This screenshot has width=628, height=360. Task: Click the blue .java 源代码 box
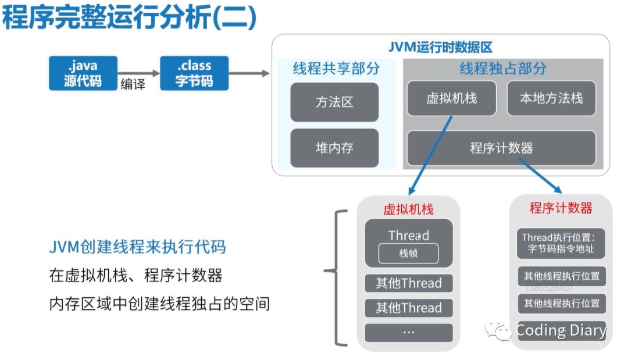pos(83,73)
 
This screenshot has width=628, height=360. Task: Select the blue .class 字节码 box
pos(194,73)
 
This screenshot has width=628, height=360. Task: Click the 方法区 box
pos(334,102)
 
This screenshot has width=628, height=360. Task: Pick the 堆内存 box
pos(334,148)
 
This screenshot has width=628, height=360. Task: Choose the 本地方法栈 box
pos(551,98)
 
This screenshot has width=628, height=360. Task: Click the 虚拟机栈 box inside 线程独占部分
pos(451,98)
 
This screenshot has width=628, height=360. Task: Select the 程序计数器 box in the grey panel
pos(501,148)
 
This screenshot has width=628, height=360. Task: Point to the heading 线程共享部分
pos(336,68)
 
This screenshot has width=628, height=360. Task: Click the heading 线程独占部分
pos(503,68)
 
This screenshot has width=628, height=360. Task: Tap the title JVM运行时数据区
pos(440,47)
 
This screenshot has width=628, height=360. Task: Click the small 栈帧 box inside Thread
pos(408,253)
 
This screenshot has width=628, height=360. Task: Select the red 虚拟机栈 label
pos(408,209)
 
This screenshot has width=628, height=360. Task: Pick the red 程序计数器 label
pos(561,208)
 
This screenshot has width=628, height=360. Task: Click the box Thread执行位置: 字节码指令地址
pos(561,244)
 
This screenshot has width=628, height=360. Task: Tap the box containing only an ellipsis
pos(408,332)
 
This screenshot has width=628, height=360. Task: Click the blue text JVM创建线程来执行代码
pos(137,247)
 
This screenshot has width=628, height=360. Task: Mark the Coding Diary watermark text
pos(561,330)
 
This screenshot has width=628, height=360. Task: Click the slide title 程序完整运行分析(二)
pos(129,17)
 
